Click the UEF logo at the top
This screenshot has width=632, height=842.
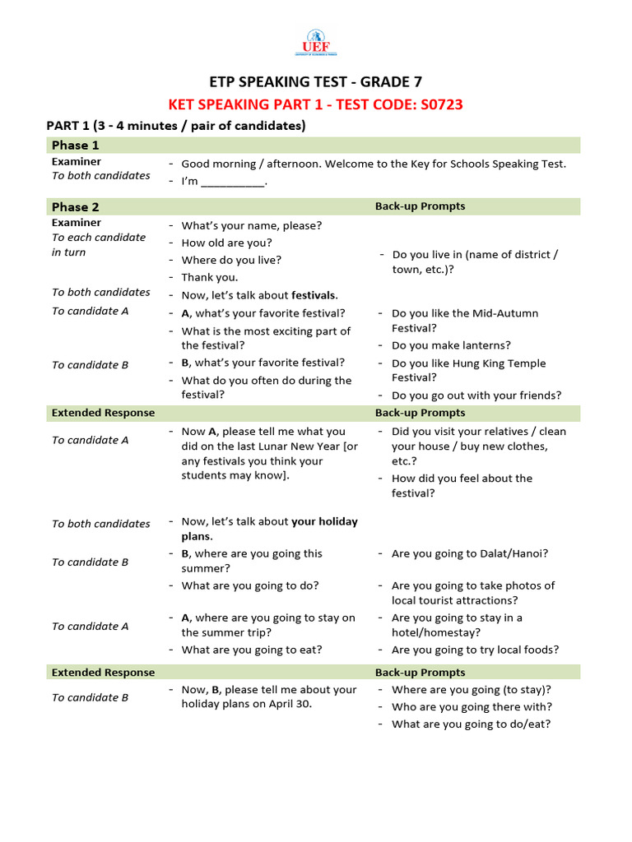(316, 44)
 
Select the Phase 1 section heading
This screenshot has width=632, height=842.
(76, 146)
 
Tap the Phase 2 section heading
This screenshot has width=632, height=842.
(76, 207)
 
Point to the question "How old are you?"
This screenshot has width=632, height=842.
(226, 243)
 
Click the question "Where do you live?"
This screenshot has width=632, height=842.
(231, 260)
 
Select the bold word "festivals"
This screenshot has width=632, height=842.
(314, 295)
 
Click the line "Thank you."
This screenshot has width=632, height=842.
(210, 277)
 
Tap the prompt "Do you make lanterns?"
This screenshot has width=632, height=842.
(451, 345)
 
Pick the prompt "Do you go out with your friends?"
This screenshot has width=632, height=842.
(476, 396)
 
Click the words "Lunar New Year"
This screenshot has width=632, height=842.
(300, 446)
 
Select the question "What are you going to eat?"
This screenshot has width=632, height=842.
(252, 650)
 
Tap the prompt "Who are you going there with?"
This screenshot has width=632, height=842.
(472, 706)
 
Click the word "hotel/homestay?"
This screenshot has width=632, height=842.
(436, 632)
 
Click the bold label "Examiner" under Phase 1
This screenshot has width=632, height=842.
(77, 162)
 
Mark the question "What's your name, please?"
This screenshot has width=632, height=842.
(252, 225)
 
